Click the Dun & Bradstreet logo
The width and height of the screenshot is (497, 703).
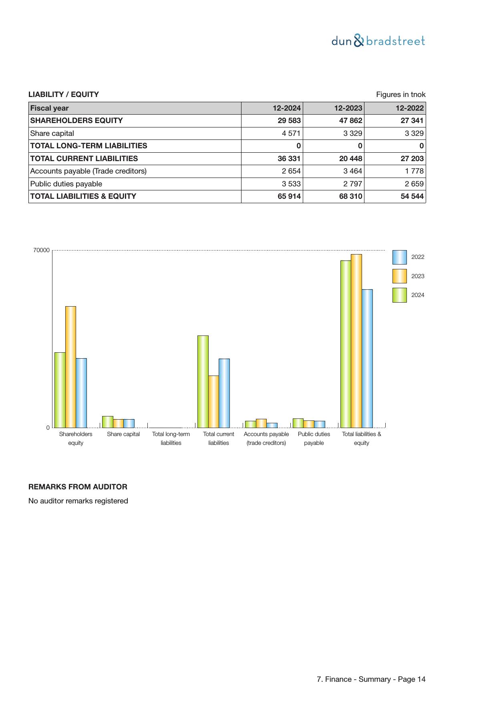coord(378,41)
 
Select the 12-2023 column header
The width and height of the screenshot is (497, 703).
coord(348,108)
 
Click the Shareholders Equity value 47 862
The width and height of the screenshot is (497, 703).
coord(350,121)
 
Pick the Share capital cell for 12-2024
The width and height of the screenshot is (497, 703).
coord(289,133)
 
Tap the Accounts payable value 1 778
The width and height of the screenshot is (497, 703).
coord(412,171)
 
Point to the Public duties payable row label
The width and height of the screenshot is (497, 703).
coord(66,184)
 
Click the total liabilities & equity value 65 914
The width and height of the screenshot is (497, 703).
coord(289,196)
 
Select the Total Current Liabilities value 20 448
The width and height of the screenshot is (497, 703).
coord(350,159)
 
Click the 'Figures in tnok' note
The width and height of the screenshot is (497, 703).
coord(400,95)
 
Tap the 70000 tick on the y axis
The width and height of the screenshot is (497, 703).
coord(41,250)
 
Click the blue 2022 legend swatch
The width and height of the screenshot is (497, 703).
coord(399,257)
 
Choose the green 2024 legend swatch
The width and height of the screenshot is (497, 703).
coord(399,295)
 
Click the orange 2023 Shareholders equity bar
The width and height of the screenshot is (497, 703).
coord(70,367)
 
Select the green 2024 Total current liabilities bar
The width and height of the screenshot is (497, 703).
coord(203,382)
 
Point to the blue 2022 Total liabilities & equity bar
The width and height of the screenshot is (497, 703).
coord(367,358)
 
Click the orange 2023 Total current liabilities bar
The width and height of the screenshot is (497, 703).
coord(213,402)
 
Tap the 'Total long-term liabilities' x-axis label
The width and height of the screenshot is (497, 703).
coord(171,438)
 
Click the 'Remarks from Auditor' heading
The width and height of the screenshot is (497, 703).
coord(78,487)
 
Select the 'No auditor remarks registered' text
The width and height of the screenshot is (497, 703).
coord(78,501)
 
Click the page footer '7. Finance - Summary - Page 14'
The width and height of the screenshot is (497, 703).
coord(371,679)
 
